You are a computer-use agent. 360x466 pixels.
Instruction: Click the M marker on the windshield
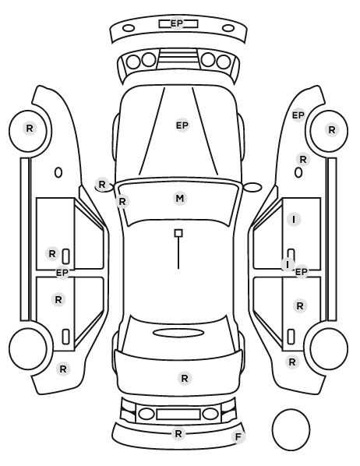pyautogui.click(x=180, y=198)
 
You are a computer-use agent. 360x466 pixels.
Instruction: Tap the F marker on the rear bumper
pyautogui.click(x=238, y=436)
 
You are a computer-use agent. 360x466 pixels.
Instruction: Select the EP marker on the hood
pyautogui.click(x=182, y=125)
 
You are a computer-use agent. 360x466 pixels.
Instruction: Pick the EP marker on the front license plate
pyautogui.click(x=177, y=23)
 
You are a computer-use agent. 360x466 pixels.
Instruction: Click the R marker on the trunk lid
pyautogui.click(x=185, y=378)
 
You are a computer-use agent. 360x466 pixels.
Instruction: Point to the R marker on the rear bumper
pyautogui.click(x=178, y=433)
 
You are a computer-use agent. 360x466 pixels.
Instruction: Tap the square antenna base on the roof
pyautogui.click(x=178, y=233)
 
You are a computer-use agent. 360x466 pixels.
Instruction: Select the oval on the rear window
pyautogui.click(x=178, y=333)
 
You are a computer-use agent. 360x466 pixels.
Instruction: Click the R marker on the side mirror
pyautogui.click(x=101, y=184)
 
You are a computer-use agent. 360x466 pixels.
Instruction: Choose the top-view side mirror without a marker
pyautogui.click(x=252, y=187)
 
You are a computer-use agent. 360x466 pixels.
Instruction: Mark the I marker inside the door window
pyautogui.click(x=294, y=219)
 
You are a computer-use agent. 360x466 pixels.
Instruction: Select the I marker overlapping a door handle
pyautogui.click(x=288, y=264)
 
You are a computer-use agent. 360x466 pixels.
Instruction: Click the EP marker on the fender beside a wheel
pyautogui.click(x=298, y=115)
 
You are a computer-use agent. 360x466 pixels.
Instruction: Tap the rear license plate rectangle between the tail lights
pyautogui.click(x=178, y=414)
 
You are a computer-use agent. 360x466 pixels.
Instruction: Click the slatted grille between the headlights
pyautogui.click(x=178, y=58)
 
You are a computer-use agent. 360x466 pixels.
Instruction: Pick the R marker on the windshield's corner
pyautogui.click(x=122, y=202)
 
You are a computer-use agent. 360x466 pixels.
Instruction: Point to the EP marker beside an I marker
pyautogui.click(x=301, y=272)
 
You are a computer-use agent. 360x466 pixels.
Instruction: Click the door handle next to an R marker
pyautogui.click(x=65, y=256)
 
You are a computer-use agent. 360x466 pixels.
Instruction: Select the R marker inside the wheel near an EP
pyautogui.click(x=332, y=129)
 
